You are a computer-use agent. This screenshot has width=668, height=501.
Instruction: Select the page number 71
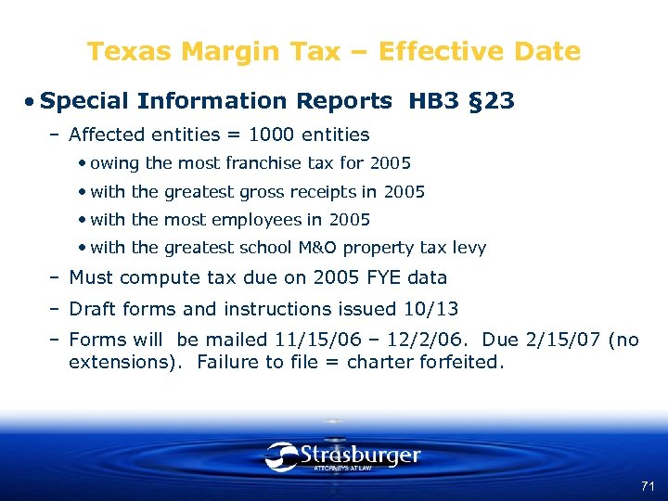point(647,486)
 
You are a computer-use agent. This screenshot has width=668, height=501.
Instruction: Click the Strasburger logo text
point(360,456)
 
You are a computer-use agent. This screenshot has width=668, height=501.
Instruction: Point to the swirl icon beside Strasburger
point(281,456)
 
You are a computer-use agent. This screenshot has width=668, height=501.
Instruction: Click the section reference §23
point(492,100)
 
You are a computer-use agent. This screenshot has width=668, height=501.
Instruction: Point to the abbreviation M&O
point(348,248)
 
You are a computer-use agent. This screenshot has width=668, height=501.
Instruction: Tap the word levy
point(469,248)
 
